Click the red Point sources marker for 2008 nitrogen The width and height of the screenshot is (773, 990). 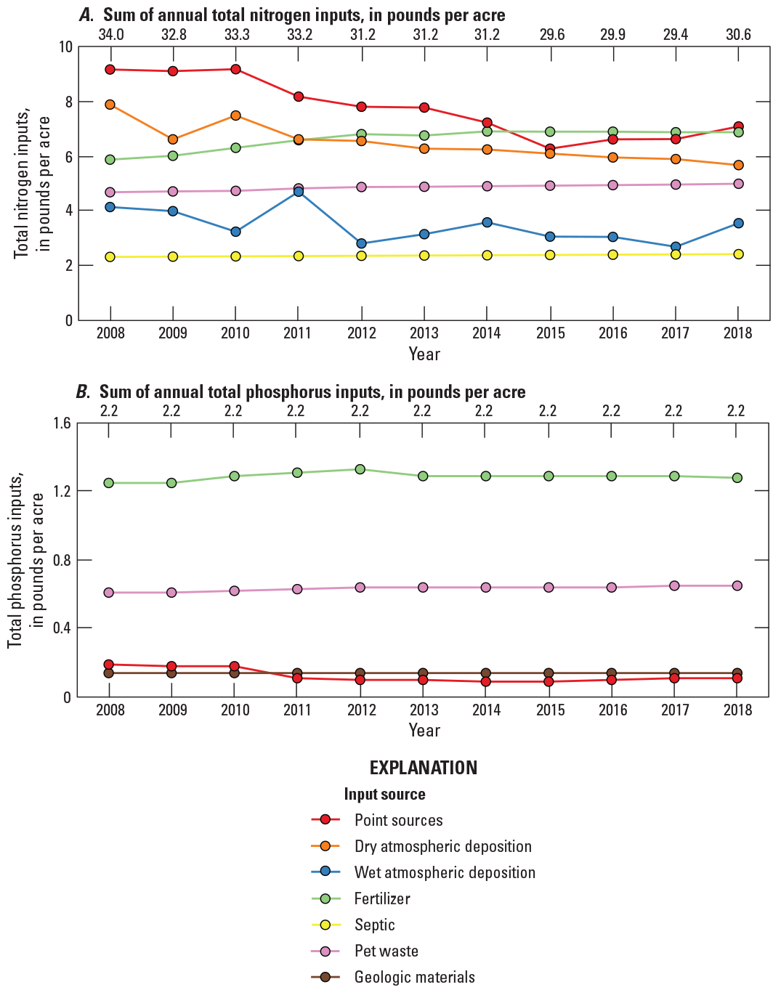point(110,70)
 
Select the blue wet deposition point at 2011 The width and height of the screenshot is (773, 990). point(298,192)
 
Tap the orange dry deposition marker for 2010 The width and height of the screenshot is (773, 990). point(235,115)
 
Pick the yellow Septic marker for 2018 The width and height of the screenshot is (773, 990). point(738,254)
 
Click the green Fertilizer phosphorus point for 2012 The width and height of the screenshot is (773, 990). point(360,469)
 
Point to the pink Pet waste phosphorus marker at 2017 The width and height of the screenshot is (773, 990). point(675,585)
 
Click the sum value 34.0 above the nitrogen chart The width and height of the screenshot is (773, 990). point(110,34)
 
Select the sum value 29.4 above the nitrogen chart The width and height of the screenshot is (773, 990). point(675,34)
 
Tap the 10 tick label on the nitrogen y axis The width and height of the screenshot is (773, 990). point(65,47)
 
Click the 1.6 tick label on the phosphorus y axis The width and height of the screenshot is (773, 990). point(62,423)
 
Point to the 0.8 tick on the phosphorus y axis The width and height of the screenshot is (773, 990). point(62,560)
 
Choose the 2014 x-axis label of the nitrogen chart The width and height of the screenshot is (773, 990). point(486,333)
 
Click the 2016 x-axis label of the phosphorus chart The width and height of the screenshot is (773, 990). point(612,710)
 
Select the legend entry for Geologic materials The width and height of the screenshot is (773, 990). point(414,977)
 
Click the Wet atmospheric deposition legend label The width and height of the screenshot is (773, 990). point(445,872)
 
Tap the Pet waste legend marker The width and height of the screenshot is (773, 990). point(325,951)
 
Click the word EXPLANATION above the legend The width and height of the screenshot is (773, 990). point(423,768)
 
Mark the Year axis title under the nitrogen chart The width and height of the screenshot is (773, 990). point(424,354)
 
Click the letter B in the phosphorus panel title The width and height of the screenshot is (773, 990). point(82,392)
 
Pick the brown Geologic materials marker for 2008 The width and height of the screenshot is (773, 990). point(109,673)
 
